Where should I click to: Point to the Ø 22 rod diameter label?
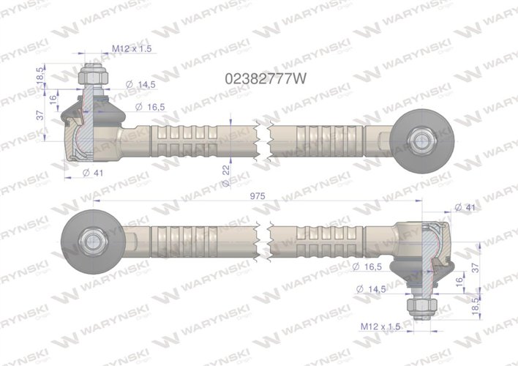tap(226, 168)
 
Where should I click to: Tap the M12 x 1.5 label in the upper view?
tap(132, 48)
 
